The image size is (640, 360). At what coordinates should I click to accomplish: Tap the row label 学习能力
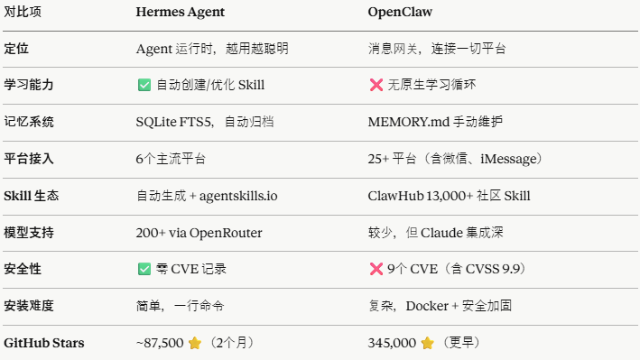(29, 84)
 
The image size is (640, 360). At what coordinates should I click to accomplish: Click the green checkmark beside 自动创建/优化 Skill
(144, 84)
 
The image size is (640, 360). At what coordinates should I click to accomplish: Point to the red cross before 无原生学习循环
(376, 84)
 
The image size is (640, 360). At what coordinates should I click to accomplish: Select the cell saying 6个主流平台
(171, 158)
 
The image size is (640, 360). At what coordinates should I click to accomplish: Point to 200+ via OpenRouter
(199, 232)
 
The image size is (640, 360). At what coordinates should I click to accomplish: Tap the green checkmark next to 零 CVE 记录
(144, 269)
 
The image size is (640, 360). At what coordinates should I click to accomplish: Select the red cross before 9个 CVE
(376, 269)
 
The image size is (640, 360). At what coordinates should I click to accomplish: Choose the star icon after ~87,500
(194, 343)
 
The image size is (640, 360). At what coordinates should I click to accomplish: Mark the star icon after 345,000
(427, 343)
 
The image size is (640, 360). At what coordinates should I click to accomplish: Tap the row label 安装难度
(29, 306)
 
